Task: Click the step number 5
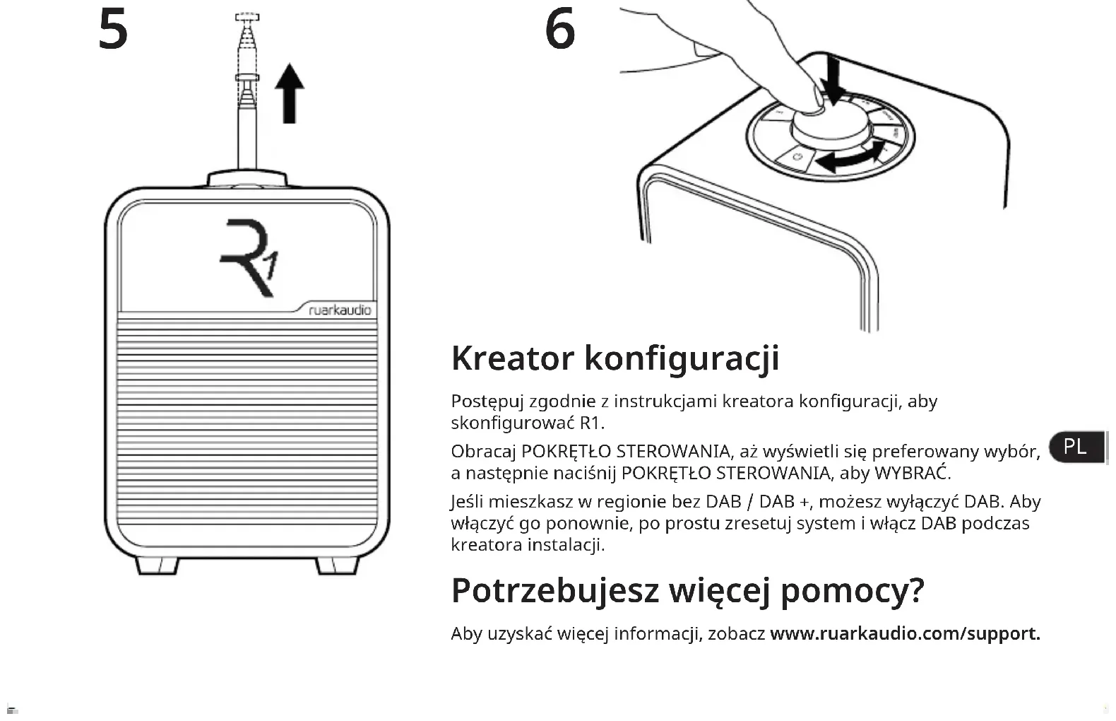pyautogui.click(x=113, y=30)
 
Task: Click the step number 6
pyautogui.click(x=560, y=30)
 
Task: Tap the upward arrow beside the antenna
pyautogui.click(x=289, y=93)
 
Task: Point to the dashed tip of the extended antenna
pyautogui.click(x=247, y=17)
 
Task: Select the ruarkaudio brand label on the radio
pyautogui.click(x=340, y=310)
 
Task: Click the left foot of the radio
pyautogui.click(x=157, y=565)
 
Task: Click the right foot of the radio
pyautogui.click(x=337, y=565)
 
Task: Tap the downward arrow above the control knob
pyautogui.click(x=834, y=80)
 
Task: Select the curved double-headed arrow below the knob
pyautogui.click(x=852, y=159)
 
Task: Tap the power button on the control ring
pyautogui.click(x=797, y=156)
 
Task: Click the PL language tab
pyautogui.click(x=1075, y=447)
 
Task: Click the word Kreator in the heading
pyautogui.click(x=512, y=358)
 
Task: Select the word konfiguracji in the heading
pyautogui.click(x=682, y=358)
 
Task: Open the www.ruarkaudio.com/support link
pyautogui.click(x=905, y=633)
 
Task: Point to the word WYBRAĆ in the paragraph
pyautogui.click(x=912, y=473)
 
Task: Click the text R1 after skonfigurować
pyautogui.click(x=591, y=423)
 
